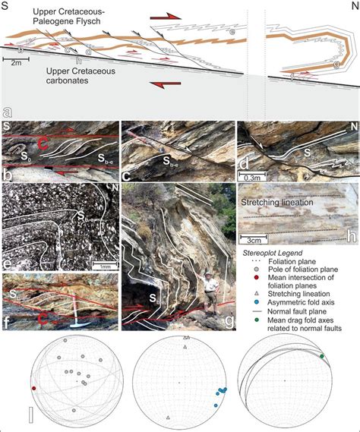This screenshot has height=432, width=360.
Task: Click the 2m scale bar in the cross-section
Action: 17,58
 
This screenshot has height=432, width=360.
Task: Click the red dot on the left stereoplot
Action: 33,389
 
